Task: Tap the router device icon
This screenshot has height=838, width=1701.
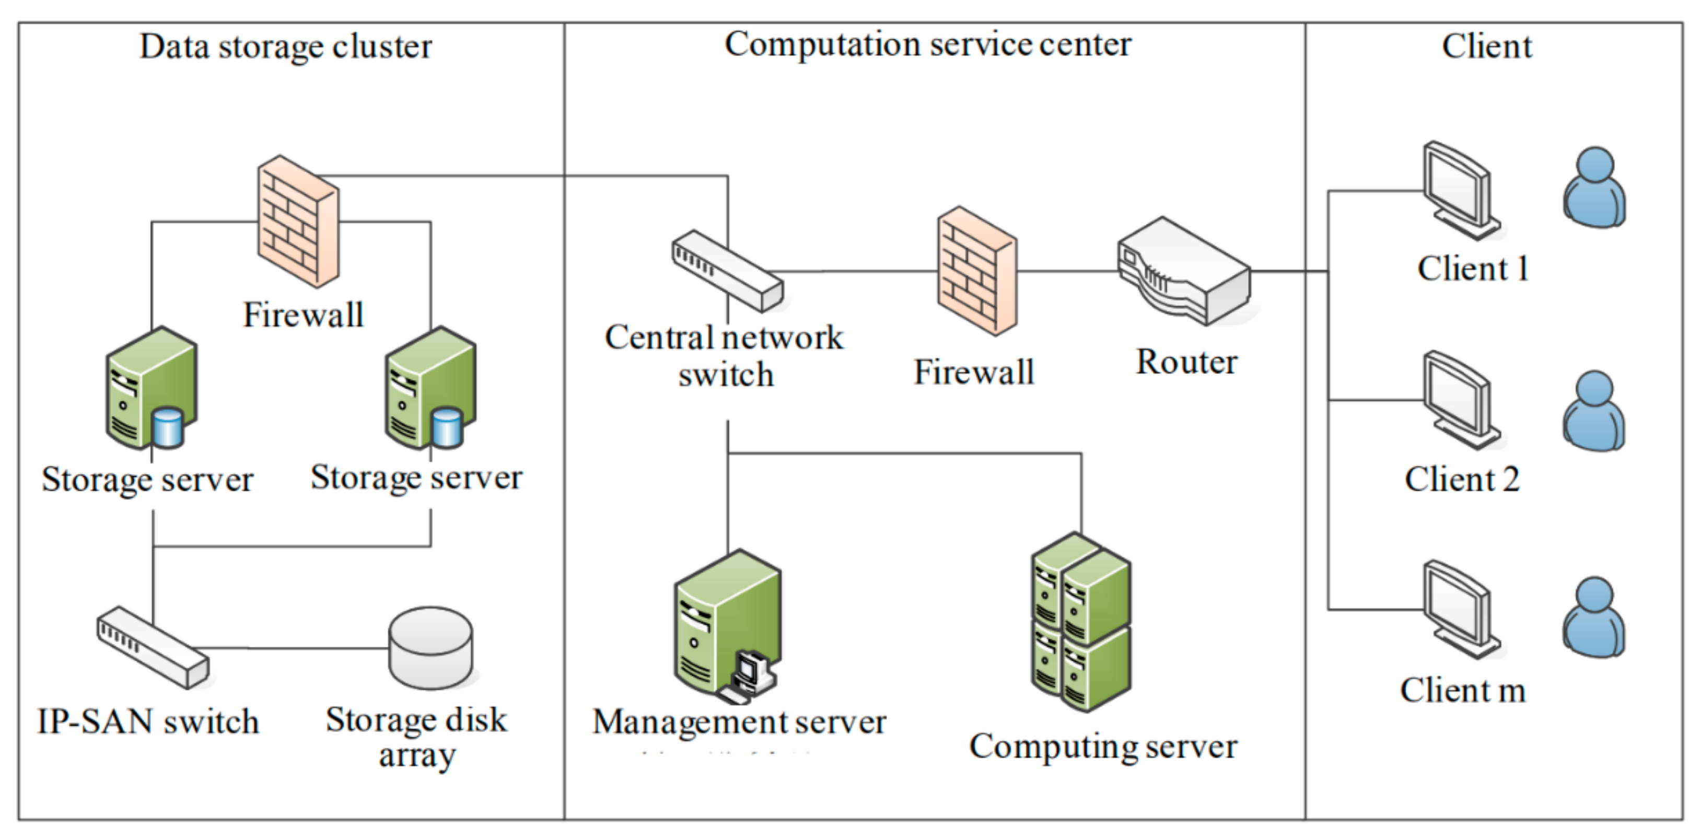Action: [x=1183, y=272]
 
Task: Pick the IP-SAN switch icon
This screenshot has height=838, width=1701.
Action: [x=153, y=647]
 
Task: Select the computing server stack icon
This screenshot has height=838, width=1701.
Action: [x=1081, y=622]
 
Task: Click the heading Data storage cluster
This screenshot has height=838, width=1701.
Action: [x=285, y=47]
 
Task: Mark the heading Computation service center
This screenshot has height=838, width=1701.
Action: [x=928, y=45]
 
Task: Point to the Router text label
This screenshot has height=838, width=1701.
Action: [x=1186, y=362]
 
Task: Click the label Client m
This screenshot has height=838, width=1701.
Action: [x=1463, y=691]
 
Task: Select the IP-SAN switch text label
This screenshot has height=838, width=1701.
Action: [x=148, y=721]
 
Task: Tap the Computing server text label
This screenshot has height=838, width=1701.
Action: [x=1103, y=747]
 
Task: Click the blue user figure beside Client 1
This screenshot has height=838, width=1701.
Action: [x=1594, y=188]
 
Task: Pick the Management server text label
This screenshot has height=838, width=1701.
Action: [x=739, y=722]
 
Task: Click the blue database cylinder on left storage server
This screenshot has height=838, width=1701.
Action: [x=167, y=427]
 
